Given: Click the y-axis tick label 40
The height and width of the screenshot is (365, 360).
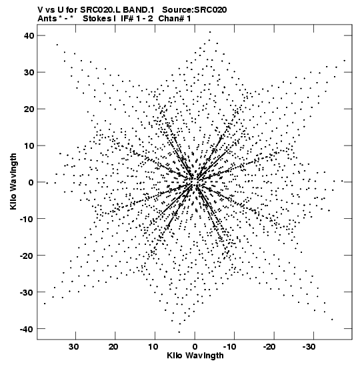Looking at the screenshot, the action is (x=29, y=35).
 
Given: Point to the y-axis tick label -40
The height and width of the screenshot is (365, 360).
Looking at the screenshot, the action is (x=27, y=329).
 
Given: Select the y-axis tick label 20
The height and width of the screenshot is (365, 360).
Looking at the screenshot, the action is (x=29, y=109).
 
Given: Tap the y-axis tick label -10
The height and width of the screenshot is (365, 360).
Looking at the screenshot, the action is (x=27, y=219).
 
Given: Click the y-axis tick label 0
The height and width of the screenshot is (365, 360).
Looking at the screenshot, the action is (x=31, y=182).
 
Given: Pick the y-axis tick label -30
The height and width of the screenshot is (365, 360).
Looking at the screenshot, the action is (x=27, y=292).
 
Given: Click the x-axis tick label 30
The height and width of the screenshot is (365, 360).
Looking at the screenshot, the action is (x=73, y=347).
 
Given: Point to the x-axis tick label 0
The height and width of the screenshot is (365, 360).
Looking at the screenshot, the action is (x=195, y=347).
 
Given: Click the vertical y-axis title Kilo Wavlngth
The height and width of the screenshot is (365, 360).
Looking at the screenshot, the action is (x=13, y=181).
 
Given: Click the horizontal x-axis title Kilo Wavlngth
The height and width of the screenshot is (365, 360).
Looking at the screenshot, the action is (x=195, y=356).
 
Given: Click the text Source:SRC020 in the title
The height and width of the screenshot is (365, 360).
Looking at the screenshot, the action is (x=195, y=10).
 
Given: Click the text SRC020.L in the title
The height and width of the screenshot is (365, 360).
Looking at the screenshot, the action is (x=101, y=10).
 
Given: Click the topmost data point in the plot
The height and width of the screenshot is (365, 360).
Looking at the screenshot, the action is (x=210, y=32).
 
